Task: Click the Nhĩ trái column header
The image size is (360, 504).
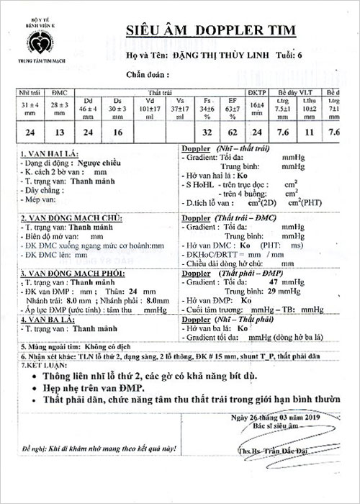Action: tap(30, 94)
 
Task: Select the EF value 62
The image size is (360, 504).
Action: tap(232, 132)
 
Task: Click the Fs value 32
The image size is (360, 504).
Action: tap(207, 132)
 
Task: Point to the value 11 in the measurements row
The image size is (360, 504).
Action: tap(310, 132)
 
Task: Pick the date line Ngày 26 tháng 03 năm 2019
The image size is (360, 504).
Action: tap(274, 418)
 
